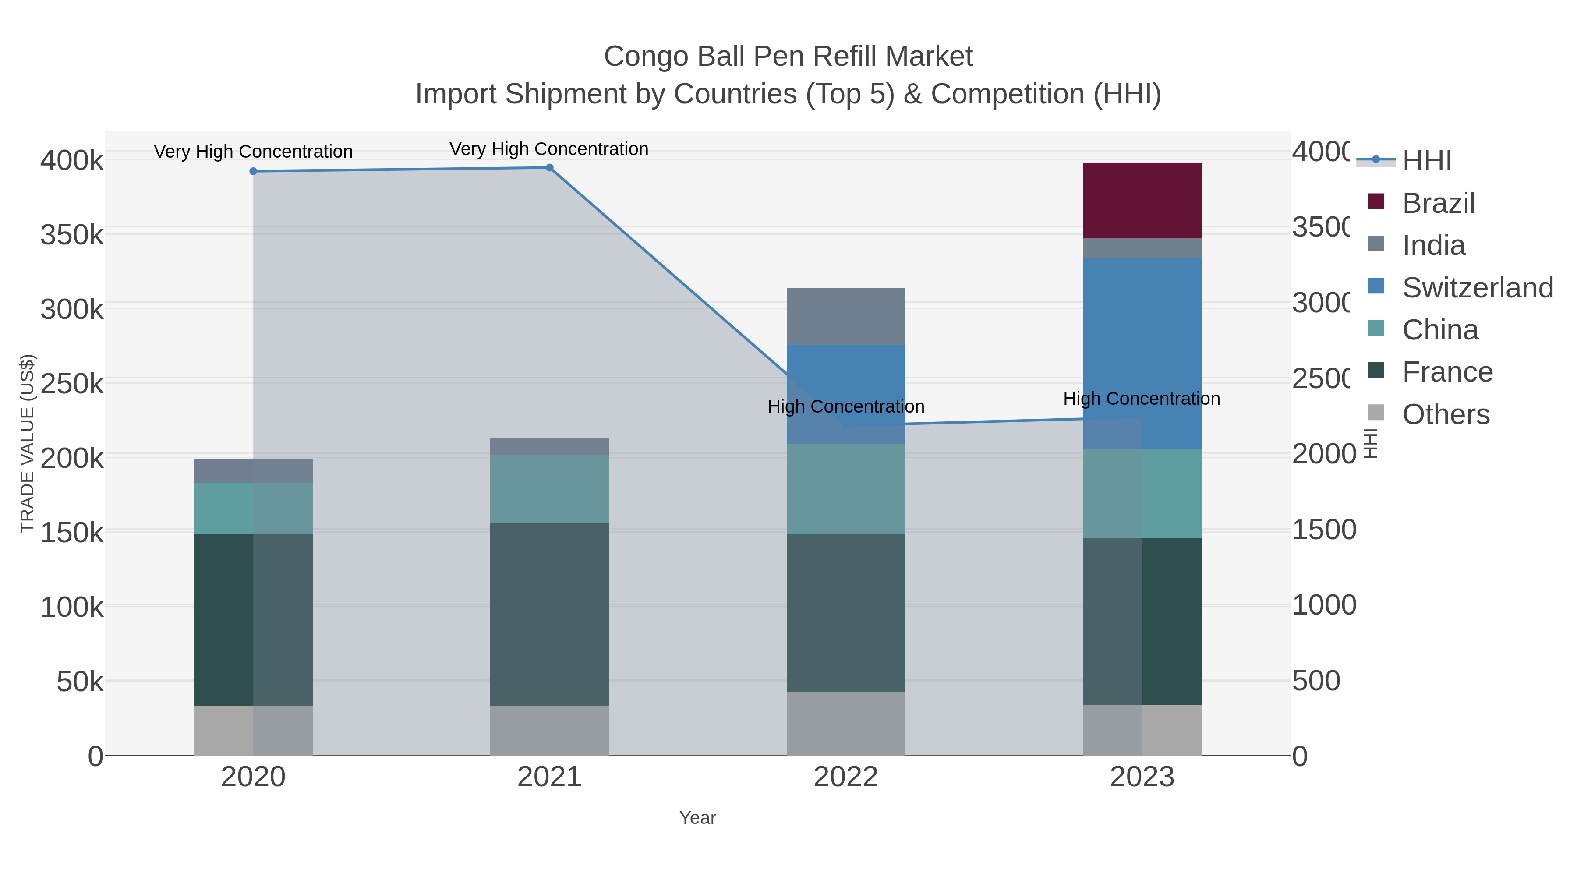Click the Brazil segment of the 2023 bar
(1142, 200)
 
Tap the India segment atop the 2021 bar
(549, 446)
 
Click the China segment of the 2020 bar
(253, 508)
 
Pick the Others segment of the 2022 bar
(845, 724)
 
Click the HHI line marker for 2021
(549, 168)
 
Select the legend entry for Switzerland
(1477, 288)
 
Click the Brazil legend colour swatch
(1375, 201)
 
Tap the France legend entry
(1447, 372)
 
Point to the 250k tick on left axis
(72, 385)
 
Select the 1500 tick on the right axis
(1323, 530)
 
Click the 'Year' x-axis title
(697, 818)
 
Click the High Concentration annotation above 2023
(1141, 399)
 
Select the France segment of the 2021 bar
(549, 614)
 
